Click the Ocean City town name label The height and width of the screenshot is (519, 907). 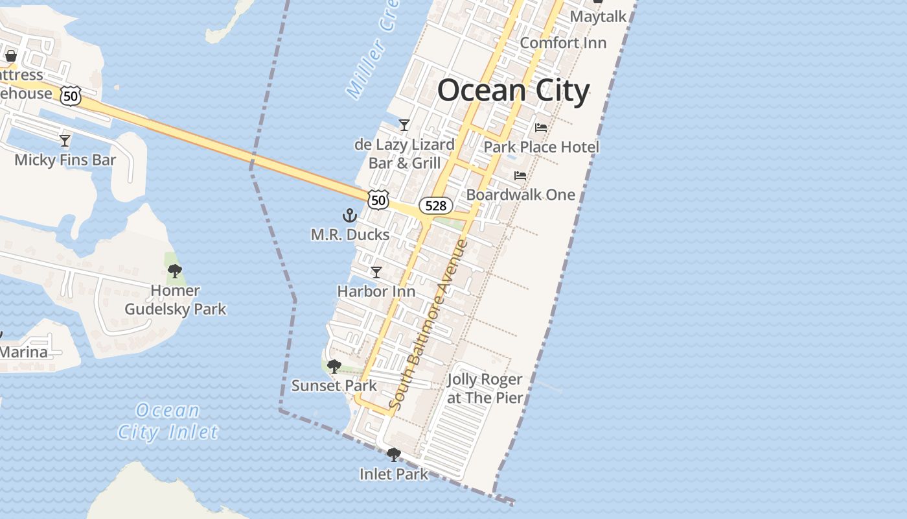pos(513,91)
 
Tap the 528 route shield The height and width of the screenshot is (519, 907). pos(435,206)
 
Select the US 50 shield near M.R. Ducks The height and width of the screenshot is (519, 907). pos(379,199)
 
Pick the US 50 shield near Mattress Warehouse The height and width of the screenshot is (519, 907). pos(71,95)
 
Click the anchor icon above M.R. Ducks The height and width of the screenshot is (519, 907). pos(350,215)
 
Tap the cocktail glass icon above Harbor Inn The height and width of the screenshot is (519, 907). pos(376,272)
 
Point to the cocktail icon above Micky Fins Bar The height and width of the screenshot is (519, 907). pos(65,140)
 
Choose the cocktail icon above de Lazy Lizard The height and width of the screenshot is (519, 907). pos(404,125)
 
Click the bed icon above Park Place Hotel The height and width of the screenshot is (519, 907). pos(541,128)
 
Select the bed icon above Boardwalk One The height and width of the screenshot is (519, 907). pos(520,175)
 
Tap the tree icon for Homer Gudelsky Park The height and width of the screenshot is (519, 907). pos(174,271)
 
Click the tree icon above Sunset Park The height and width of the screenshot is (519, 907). pos(334,367)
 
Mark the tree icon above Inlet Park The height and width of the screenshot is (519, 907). pos(393,455)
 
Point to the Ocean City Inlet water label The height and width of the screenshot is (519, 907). pos(168,421)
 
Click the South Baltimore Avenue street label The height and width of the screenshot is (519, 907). pos(428,324)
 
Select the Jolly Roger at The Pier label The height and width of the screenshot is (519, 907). pos(485,389)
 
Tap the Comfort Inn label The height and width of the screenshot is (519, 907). pos(563,43)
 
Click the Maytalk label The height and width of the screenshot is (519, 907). pos(598,16)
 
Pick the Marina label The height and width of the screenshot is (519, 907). pos(24,352)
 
